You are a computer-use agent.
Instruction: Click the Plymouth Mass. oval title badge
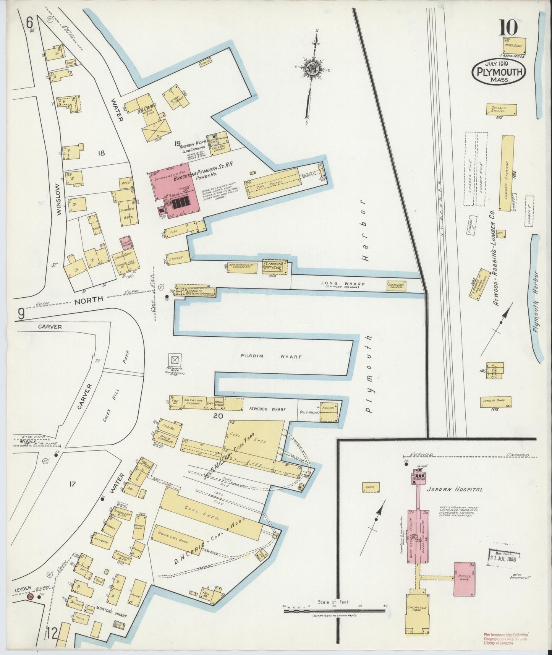[499, 71]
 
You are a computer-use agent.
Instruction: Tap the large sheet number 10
[508, 28]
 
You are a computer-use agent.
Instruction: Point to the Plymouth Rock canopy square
[175, 360]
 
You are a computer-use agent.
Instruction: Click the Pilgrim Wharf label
[271, 357]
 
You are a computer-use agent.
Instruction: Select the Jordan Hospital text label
[455, 489]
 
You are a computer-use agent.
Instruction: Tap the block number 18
[101, 153]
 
